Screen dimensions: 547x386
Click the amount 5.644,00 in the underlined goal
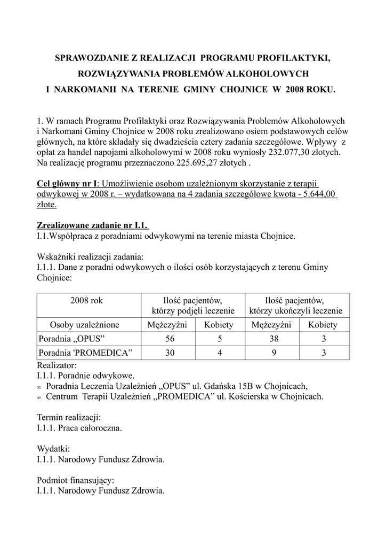point(318,193)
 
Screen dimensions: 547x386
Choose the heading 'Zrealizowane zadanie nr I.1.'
point(93,225)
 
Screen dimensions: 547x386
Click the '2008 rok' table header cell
point(86,301)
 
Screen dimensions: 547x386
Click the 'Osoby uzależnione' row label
point(85,325)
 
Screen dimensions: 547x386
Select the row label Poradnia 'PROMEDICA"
point(85,353)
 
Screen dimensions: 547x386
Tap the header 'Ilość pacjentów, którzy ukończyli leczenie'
point(296,306)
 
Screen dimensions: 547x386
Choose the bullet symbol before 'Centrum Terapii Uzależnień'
point(39,397)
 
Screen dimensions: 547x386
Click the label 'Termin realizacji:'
point(69,417)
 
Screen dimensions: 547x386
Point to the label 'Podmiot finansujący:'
point(76,480)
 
